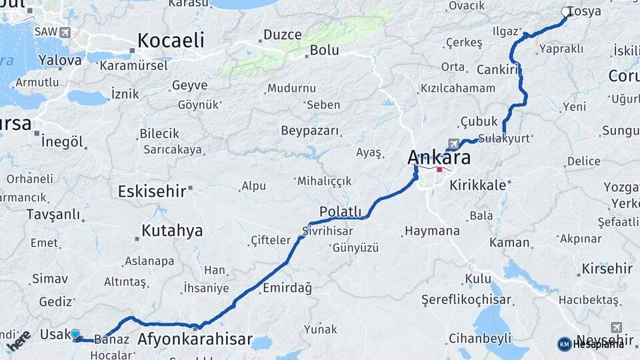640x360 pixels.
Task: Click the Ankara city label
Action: tap(439, 158)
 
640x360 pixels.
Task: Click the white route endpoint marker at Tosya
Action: tap(566, 11)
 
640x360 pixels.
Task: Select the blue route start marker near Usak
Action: tap(75, 334)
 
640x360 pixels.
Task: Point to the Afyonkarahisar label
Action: tap(195, 339)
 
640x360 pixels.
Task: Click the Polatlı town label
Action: tap(340, 211)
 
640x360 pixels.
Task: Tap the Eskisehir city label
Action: tap(152, 192)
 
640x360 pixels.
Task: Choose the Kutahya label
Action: tap(172, 231)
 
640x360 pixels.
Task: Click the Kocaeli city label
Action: tap(171, 41)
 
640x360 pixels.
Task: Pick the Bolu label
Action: tap(325, 50)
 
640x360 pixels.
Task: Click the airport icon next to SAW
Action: tap(65, 32)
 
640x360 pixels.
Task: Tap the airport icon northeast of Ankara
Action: tap(455, 143)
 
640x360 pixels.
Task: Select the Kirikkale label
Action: tap(478, 185)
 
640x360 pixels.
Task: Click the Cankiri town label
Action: tap(498, 70)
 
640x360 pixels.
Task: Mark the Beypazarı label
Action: tap(310, 130)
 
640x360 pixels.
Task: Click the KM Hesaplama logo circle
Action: tap(565, 344)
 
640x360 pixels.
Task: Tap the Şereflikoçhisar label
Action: tap(466, 300)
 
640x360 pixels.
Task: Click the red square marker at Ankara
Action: tap(439, 169)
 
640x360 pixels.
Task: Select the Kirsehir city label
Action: tap(607, 269)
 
